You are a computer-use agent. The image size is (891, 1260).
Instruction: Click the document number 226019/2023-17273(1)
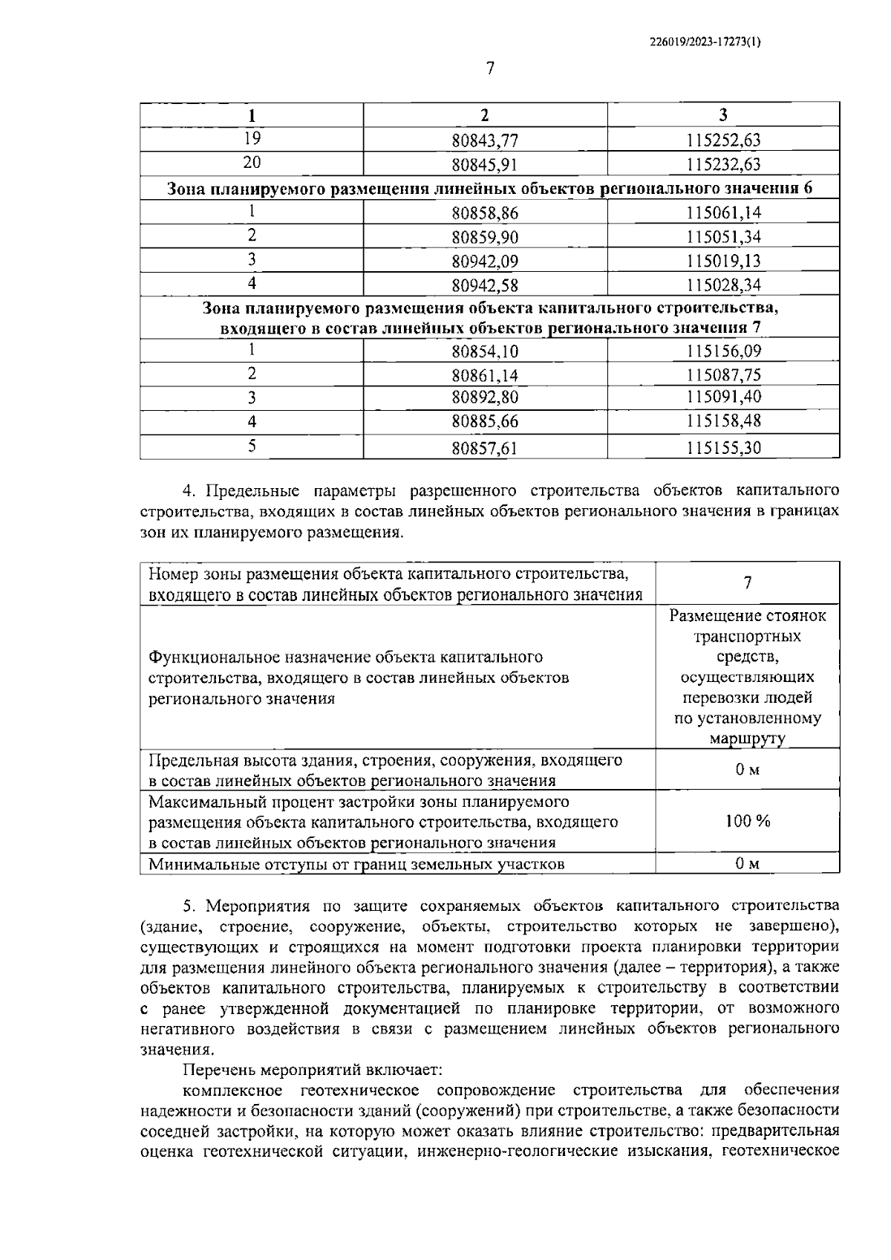(x=704, y=42)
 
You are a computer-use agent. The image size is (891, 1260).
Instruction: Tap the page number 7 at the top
(x=489, y=68)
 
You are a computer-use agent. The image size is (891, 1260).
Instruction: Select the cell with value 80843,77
(x=485, y=140)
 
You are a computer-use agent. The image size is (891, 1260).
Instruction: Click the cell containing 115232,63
(x=723, y=164)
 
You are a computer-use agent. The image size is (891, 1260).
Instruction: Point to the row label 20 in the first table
(x=252, y=162)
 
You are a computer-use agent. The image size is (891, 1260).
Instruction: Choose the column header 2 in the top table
(x=485, y=115)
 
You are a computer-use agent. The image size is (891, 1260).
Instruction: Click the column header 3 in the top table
(x=723, y=115)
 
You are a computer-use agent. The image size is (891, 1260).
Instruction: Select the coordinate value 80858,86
(x=485, y=213)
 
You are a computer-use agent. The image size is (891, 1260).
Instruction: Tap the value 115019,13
(x=723, y=262)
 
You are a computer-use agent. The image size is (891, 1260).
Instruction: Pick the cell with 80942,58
(x=485, y=285)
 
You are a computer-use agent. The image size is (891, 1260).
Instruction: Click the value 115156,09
(x=723, y=351)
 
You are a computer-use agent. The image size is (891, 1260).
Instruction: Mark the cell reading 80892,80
(x=485, y=397)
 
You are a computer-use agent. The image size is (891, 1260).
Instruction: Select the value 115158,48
(x=723, y=422)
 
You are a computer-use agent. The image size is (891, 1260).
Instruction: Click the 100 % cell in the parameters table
(x=748, y=821)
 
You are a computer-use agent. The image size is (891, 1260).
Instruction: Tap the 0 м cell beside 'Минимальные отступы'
(x=748, y=863)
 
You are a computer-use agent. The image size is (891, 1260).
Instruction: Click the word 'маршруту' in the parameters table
(x=747, y=739)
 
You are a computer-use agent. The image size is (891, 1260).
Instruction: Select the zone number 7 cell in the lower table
(x=748, y=583)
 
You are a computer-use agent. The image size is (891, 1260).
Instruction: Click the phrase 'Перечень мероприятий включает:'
(x=312, y=1071)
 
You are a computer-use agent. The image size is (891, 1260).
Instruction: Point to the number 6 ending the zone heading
(x=807, y=189)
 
